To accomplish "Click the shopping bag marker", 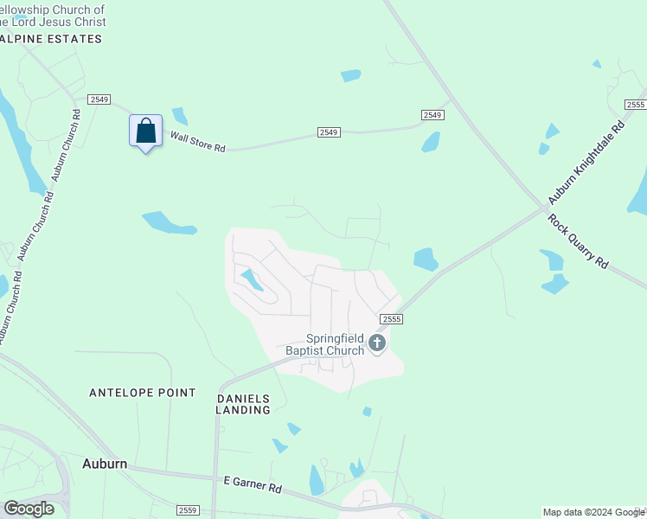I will point(146,131).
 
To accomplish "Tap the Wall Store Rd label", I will point(197,142).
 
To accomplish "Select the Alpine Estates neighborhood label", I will point(51,39).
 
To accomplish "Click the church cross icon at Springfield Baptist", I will point(376,343).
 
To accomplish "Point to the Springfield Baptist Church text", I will point(325,345).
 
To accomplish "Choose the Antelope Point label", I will point(143,393).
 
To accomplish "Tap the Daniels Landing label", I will point(243,404).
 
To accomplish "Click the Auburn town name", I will point(105,464).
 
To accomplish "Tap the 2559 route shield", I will point(188,510).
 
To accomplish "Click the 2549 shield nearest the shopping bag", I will point(99,99).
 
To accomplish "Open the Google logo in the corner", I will point(29,509).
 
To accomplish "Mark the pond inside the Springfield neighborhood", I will point(252,279).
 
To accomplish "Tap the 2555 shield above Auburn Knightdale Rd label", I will point(635,105).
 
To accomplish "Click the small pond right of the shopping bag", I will point(180,117).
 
